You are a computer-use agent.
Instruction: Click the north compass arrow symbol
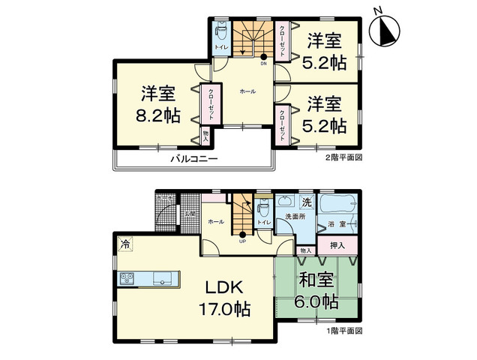click(x=386, y=31)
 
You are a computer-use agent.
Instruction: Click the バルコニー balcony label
click(x=193, y=159)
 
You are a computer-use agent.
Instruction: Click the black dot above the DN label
click(x=263, y=56)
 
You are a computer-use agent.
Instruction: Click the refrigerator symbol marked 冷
click(x=124, y=244)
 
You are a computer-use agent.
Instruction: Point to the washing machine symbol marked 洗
click(x=306, y=202)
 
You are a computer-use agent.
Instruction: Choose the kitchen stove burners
click(x=125, y=278)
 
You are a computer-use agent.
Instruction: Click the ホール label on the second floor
click(x=248, y=91)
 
